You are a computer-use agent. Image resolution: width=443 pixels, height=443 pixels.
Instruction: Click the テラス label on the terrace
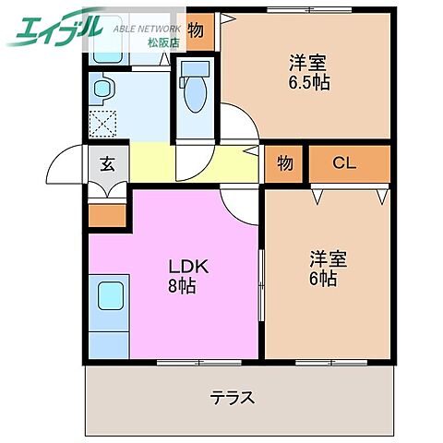click(232, 399)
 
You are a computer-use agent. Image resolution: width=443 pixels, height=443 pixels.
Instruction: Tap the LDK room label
click(188, 266)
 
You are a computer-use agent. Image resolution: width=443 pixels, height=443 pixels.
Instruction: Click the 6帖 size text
click(321, 277)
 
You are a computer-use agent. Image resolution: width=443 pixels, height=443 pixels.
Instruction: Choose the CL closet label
click(345, 163)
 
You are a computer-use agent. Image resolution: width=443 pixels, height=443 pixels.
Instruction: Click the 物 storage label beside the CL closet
click(284, 163)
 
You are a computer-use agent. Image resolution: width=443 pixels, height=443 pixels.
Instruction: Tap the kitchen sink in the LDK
click(109, 299)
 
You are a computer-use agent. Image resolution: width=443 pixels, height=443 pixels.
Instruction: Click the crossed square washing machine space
click(102, 123)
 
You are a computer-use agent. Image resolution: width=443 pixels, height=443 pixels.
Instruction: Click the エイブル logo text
click(54, 29)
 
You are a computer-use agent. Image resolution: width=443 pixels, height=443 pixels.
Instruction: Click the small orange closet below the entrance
click(106, 214)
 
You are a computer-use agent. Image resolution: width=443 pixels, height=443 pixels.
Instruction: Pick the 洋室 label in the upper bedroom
click(307, 63)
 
